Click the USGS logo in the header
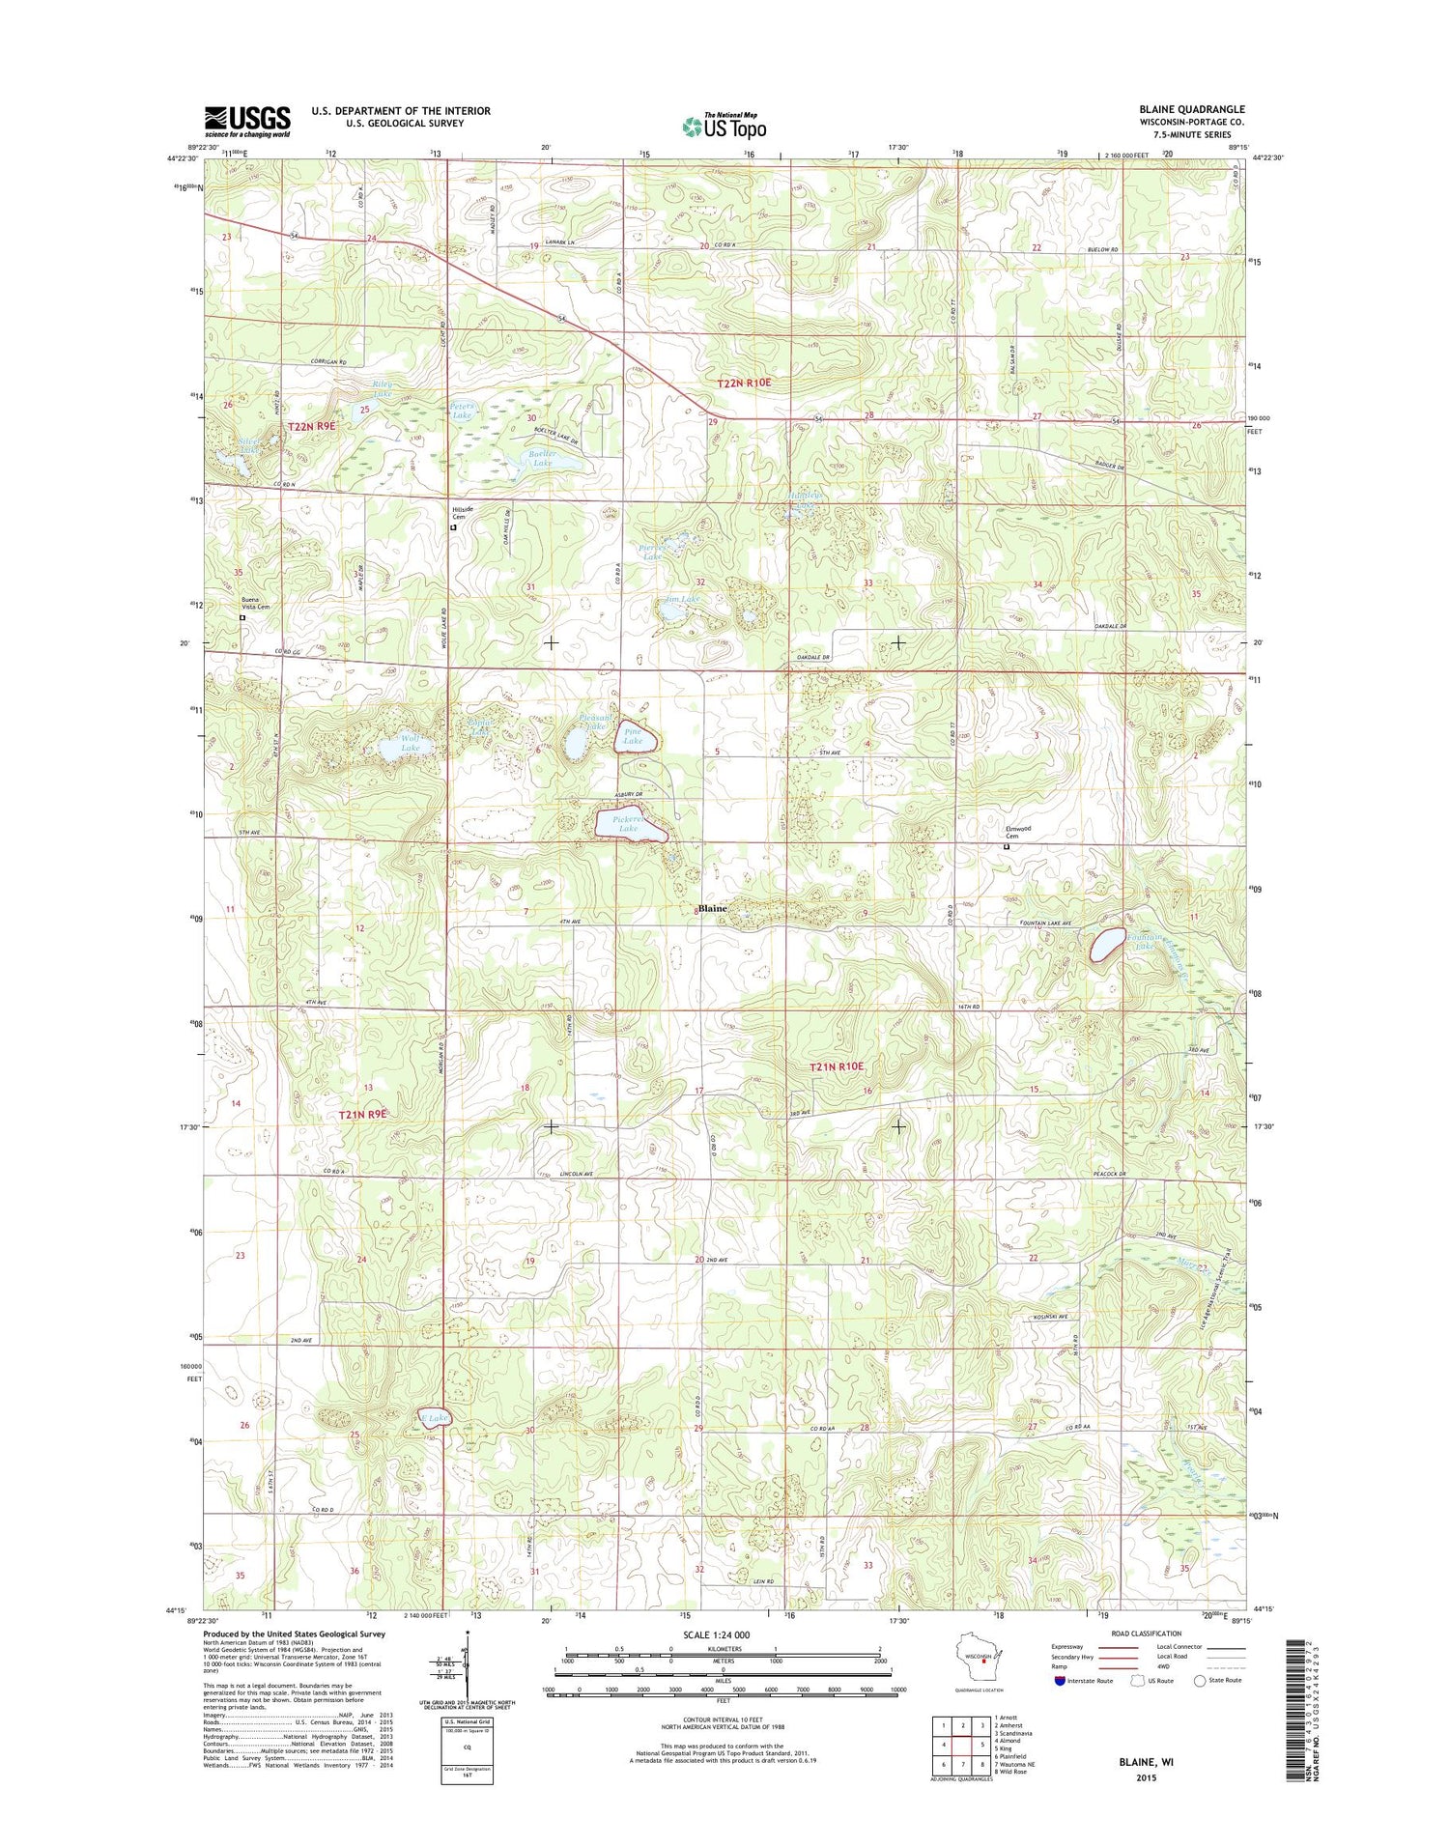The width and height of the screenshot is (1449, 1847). pyautogui.click(x=246, y=122)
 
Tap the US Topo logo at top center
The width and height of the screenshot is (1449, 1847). pyautogui.click(x=724, y=126)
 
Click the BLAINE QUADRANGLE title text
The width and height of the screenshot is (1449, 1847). pyautogui.click(x=1191, y=109)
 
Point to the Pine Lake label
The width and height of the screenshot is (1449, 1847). pyautogui.click(x=634, y=737)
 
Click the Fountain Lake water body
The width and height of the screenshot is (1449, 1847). pyautogui.click(x=1107, y=944)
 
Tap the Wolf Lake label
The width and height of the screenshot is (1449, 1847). pyautogui.click(x=411, y=743)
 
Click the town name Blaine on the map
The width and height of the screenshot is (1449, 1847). pyautogui.click(x=713, y=909)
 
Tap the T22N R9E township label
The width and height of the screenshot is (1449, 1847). pyautogui.click(x=312, y=426)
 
